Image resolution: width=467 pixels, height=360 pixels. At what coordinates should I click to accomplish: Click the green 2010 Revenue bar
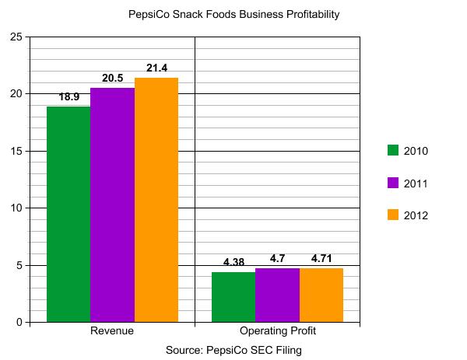pyautogui.click(x=68, y=214)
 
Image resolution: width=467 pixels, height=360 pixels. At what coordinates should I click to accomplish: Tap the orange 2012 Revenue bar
pyautogui.click(x=156, y=200)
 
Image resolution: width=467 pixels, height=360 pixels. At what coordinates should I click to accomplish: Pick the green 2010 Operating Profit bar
pyautogui.click(x=233, y=297)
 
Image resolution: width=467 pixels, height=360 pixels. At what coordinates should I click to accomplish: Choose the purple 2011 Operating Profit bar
pyautogui.click(x=277, y=295)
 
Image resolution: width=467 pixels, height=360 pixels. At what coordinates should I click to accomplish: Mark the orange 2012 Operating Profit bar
pyautogui.click(x=321, y=295)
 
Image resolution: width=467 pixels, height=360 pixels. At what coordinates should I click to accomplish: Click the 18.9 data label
pyautogui.click(x=70, y=98)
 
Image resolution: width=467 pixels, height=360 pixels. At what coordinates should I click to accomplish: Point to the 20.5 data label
pyautogui.click(x=113, y=79)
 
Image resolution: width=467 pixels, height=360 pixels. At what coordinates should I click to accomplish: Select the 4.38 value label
pyautogui.click(x=234, y=263)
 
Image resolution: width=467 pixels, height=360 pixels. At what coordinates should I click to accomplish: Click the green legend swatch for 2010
pyautogui.click(x=393, y=151)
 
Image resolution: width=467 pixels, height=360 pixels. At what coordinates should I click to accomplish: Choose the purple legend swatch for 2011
pyautogui.click(x=393, y=183)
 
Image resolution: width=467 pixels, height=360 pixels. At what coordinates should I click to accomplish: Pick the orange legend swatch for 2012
pyautogui.click(x=393, y=215)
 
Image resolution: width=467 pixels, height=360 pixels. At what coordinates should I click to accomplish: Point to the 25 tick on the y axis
pyautogui.click(x=15, y=37)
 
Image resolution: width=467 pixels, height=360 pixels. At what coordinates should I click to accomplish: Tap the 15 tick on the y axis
pyautogui.click(x=15, y=151)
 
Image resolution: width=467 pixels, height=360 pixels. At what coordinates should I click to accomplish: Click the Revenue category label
pyautogui.click(x=112, y=331)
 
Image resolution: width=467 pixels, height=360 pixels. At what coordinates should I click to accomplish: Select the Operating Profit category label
pyautogui.click(x=277, y=331)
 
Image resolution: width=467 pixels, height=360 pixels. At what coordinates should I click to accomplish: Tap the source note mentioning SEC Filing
pyautogui.click(x=233, y=351)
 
